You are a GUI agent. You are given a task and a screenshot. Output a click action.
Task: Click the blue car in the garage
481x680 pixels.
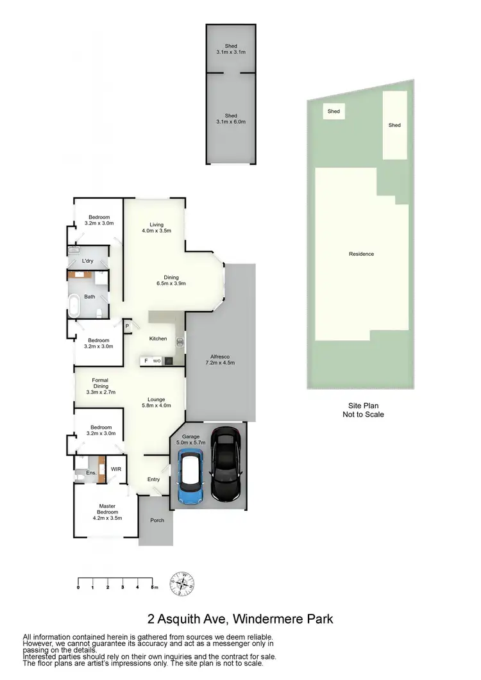190,477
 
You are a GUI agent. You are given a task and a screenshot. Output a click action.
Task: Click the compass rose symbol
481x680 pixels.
182,584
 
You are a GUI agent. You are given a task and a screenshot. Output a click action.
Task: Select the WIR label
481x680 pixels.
116,469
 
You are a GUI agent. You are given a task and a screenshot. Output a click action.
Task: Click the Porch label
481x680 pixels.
156,520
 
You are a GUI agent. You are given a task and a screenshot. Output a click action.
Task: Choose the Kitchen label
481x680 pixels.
158,338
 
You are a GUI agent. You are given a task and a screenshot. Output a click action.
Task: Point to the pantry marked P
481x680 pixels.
127,326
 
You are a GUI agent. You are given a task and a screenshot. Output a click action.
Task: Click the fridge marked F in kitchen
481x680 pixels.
146,361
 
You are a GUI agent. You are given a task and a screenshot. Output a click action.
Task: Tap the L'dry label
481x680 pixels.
89,261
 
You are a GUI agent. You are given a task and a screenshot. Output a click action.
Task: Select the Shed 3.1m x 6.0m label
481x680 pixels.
231,119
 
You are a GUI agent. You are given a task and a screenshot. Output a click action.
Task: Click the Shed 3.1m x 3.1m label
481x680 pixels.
231,49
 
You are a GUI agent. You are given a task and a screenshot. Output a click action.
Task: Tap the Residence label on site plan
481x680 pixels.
361,254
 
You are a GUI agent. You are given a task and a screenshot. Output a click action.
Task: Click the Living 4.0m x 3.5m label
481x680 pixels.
156,228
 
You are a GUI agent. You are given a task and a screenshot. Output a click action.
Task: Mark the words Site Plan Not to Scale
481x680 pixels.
364,410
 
